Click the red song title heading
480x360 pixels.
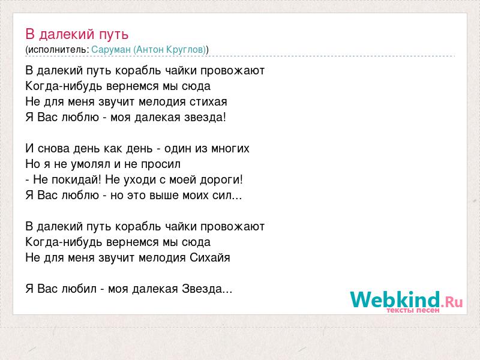(x=77, y=34)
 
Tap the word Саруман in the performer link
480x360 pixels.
(x=111, y=49)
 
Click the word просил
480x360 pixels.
(x=161, y=164)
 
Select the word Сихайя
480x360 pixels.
(x=209, y=257)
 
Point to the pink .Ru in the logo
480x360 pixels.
(x=452, y=302)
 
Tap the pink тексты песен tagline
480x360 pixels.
(x=413, y=310)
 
